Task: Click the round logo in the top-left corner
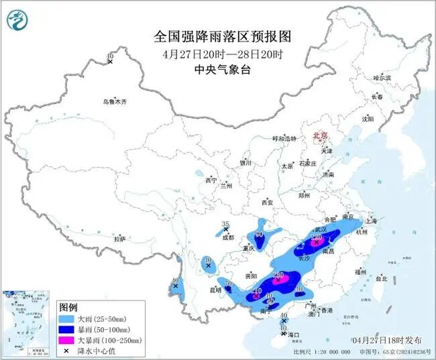pyautogui.click(x=18, y=21)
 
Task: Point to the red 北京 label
pyautogui.click(x=319, y=136)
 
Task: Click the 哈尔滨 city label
pyautogui.click(x=381, y=78)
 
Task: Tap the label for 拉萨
pyautogui.click(x=119, y=239)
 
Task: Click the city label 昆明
pyautogui.click(x=215, y=290)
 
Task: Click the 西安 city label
pyautogui.click(x=268, y=202)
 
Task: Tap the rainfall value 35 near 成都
pyautogui.click(x=226, y=224)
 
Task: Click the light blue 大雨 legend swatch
pyautogui.click(x=66, y=318)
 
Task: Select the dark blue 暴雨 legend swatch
pyautogui.click(x=66, y=329)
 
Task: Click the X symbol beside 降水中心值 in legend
pyautogui.click(x=66, y=351)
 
